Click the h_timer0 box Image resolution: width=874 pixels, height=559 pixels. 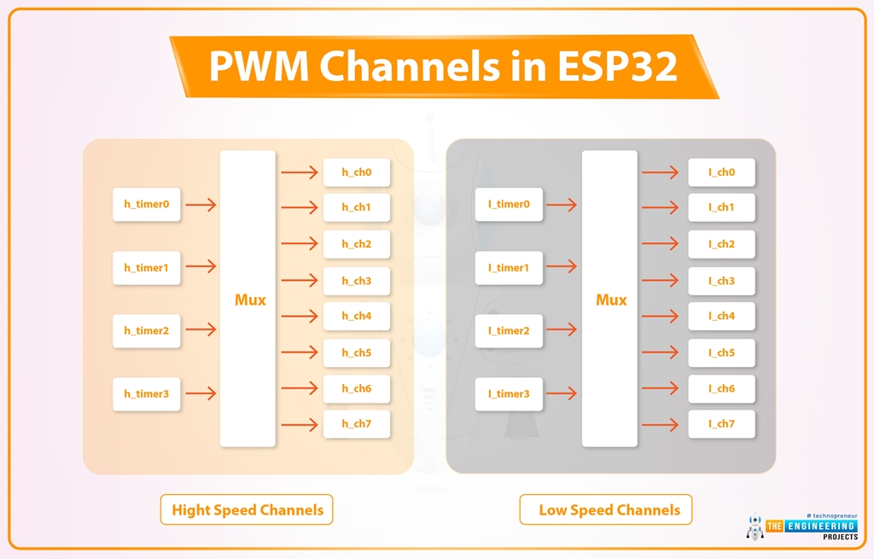point(147,205)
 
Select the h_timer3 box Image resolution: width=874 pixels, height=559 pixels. point(147,394)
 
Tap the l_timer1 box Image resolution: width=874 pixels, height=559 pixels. point(509,268)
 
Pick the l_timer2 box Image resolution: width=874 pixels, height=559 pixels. point(509,331)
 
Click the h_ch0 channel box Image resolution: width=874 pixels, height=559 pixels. point(357,172)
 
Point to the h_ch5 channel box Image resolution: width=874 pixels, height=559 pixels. point(357,352)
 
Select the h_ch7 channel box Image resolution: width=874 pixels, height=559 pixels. point(357,424)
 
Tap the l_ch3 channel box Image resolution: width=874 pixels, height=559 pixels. point(721,281)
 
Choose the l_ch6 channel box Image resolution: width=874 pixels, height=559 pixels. point(721,388)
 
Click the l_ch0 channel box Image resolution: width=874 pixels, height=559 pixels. point(721,172)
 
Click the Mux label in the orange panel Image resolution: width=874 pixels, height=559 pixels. point(250,300)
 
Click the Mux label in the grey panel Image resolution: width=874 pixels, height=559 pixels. point(611,300)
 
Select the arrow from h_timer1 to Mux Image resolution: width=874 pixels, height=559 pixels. point(201,267)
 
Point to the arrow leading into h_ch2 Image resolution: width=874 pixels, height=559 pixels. point(299,244)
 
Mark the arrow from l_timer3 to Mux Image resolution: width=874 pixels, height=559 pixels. point(562,393)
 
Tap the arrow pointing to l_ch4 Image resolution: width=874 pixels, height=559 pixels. point(661,316)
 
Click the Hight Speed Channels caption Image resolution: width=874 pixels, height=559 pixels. point(248,510)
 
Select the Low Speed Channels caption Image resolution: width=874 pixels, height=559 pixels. point(609,510)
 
